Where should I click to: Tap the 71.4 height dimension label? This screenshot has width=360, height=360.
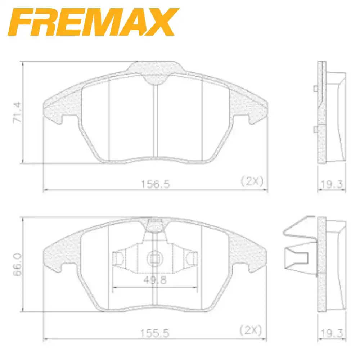coord(18,113)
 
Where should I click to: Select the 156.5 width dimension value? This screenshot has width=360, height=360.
coord(155,184)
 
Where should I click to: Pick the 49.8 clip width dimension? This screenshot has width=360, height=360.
coord(155,280)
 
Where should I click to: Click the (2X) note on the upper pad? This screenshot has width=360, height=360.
coord(252,181)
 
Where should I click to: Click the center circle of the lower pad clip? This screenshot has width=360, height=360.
coord(155,258)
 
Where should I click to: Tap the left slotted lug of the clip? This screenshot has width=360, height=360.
coord(119,258)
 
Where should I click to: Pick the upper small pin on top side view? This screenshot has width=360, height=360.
coord(315,89)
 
